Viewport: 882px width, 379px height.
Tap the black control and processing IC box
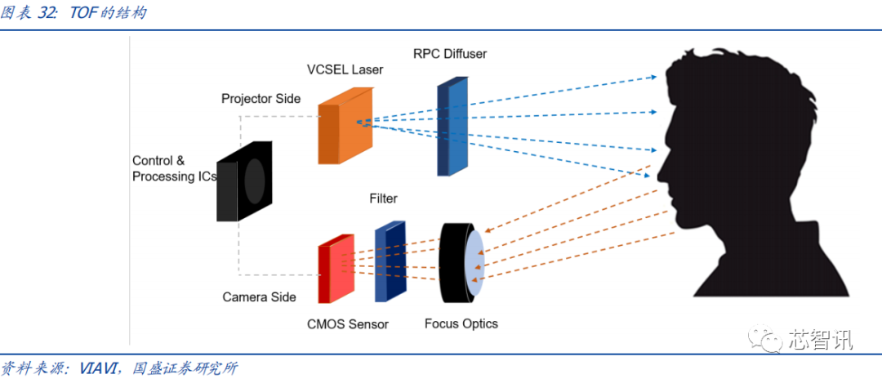point(244,181)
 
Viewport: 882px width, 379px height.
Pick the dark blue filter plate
point(390,261)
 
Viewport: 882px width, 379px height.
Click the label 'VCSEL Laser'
point(345,70)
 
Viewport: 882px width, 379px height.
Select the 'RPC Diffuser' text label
point(449,55)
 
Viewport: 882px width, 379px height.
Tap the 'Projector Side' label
point(261,99)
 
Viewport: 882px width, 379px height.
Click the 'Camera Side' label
point(259,297)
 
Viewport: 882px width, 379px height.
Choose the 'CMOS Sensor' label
point(347,324)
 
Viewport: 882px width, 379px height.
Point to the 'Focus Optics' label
point(461,323)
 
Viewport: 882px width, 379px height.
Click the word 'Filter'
point(383,198)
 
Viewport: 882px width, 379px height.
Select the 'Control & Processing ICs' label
point(173,169)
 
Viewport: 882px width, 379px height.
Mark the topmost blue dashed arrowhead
point(653,78)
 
